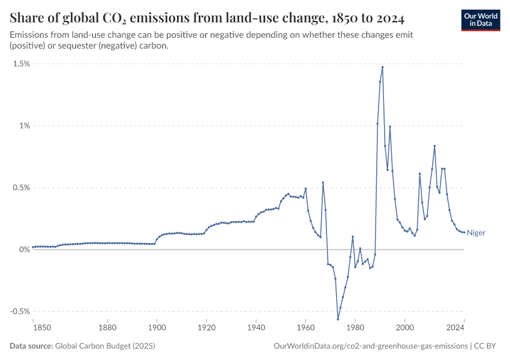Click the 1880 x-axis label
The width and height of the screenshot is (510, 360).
point(107,327)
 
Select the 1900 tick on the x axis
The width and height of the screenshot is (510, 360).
point(157,327)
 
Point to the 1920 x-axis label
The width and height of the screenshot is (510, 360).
point(206,327)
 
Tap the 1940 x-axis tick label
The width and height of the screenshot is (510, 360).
point(256,327)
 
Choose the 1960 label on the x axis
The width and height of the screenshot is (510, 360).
point(305,327)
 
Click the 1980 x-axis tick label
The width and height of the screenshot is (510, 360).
point(355,327)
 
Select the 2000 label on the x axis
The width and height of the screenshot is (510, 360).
point(405,327)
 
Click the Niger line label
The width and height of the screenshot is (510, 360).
point(476,233)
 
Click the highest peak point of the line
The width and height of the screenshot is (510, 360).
point(382,67)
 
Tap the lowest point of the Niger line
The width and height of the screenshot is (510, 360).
point(338,319)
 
